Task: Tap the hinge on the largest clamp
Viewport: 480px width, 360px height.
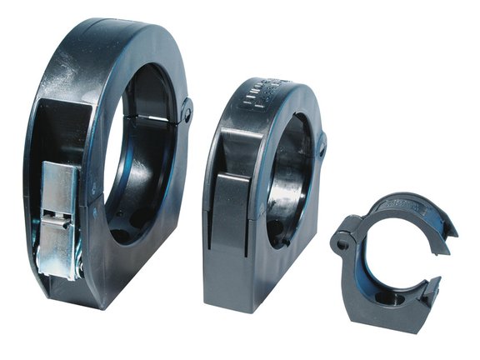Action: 186,110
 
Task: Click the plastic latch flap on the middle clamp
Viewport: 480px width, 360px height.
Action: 231,203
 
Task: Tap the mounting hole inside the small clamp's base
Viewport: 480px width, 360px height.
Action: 384,297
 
